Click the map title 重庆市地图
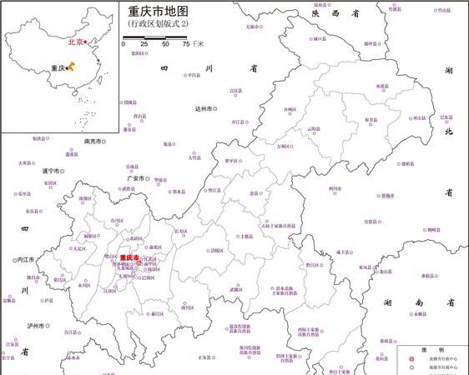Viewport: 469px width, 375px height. click(159, 12)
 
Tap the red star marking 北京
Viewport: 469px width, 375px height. click(85, 42)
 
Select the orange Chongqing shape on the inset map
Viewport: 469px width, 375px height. click(69, 67)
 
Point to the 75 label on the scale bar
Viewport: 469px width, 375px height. click(186, 43)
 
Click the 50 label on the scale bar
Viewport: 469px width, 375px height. click(165, 43)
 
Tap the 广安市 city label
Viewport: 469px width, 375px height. click(135, 177)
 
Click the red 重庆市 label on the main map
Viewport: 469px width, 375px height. click(129, 258)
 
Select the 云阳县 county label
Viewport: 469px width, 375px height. click(314, 129)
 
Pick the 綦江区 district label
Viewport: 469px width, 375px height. click(156, 314)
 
